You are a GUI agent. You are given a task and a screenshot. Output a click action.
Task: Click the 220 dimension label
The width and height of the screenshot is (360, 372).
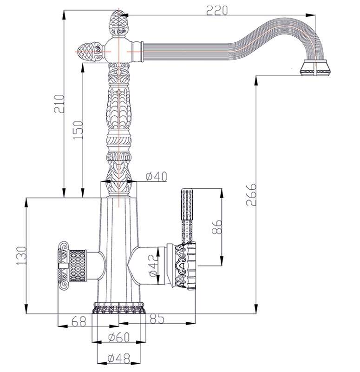(x=216, y=10)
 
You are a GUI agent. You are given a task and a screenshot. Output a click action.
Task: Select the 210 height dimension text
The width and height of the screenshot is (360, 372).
(x=59, y=104)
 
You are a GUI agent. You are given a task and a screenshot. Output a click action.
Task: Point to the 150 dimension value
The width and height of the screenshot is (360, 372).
(x=78, y=130)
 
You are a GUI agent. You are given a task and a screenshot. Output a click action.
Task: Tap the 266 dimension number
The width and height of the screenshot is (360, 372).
(x=251, y=194)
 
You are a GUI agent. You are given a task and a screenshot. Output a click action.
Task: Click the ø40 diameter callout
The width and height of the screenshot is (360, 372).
(x=156, y=177)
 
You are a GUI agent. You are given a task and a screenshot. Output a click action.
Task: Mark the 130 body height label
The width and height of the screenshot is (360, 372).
(x=21, y=255)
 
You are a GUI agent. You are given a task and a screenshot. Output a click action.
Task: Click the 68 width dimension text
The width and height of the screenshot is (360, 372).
(x=79, y=322)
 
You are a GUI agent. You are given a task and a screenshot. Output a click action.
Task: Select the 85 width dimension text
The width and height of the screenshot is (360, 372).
(x=157, y=319)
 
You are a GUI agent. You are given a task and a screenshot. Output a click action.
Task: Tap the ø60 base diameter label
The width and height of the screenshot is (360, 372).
(x=119, y=338)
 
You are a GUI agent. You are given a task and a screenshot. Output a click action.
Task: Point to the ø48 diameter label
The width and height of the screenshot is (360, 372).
(x=119, y=358)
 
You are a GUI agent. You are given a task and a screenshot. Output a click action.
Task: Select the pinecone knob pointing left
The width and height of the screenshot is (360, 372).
(x=91, y=51)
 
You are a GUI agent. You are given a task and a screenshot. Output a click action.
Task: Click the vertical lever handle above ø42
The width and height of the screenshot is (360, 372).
(x=187, y=216)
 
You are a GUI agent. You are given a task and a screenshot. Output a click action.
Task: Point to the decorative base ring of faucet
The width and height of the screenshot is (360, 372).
(x=118, y=308)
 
